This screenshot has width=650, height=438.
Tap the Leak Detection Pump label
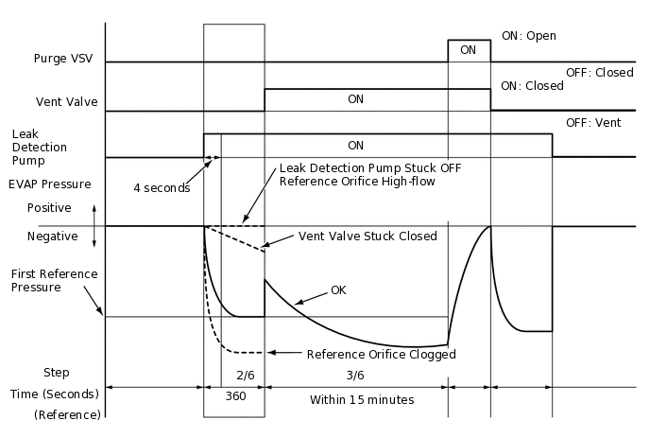pyautogui.click(x=39, y=148)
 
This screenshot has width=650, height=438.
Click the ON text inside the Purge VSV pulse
pyautogui.click(x=468, y=49)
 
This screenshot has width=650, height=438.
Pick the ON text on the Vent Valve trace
pyautogui.click(x=356, y=98)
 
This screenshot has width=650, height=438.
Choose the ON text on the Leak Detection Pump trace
pyautogui.click(x=356, y=146)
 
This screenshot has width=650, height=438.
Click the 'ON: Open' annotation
pyautogui.click(x=528, y=36)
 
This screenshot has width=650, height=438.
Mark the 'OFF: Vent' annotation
pyautogui.click(x=591, y=123)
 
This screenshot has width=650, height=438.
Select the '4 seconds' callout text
pyautogui.click(x=162, y=187)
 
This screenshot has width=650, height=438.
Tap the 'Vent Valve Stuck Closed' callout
pyautogui.click(x=368, y=236)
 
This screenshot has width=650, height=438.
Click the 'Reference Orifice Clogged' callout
pyautogui.click(x=382, y=355)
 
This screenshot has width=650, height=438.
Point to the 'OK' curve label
pyautogui.click(x=338, y=290)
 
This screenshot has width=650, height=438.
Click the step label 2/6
pyautogui.click(x=247, y=375)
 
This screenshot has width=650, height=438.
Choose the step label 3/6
pyautogui.click(x=356, y=375)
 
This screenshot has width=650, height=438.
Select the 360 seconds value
pyautogui.click(x=235, y=397)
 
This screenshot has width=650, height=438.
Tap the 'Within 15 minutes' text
pyautogui.click(x=362, y=399)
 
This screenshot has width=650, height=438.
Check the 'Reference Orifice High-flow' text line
pyautogui.click(x=357, y=182)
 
